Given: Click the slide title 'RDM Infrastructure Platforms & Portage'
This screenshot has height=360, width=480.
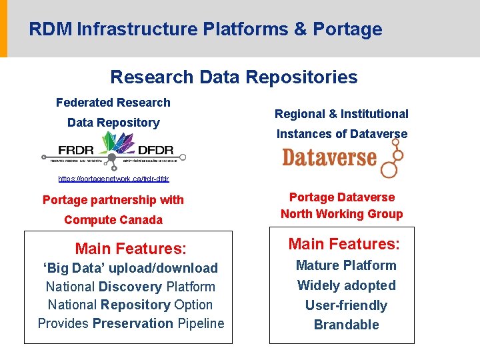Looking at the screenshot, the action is point(205,29).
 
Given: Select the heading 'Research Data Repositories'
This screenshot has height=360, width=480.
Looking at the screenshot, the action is point(233,77).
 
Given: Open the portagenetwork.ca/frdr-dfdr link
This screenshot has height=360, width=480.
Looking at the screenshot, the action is point(113,179).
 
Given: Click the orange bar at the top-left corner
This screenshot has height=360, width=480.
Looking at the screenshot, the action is point(3,29).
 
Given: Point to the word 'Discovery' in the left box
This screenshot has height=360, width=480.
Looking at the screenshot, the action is point(130,287).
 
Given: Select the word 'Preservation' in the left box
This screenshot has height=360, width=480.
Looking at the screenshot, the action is point(133,323).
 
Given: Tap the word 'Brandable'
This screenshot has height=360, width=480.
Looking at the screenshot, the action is point(346,325).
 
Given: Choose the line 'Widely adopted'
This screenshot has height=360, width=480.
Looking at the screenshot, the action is point(346,285).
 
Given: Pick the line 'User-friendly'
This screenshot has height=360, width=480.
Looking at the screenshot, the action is point(346,305).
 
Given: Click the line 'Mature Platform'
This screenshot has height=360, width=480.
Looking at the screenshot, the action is point(346,265).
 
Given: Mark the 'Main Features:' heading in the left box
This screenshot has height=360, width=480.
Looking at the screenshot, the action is point(131,249).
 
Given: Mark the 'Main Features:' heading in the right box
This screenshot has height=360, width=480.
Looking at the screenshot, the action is point(343,244).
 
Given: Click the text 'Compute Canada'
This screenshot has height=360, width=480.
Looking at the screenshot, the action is point(113,220).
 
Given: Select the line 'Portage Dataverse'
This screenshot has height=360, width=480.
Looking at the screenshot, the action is point(341,197).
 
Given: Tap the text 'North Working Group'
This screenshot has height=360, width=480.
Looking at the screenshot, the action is point(341,214).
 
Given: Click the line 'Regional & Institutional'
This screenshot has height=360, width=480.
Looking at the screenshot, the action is point(341,114).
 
